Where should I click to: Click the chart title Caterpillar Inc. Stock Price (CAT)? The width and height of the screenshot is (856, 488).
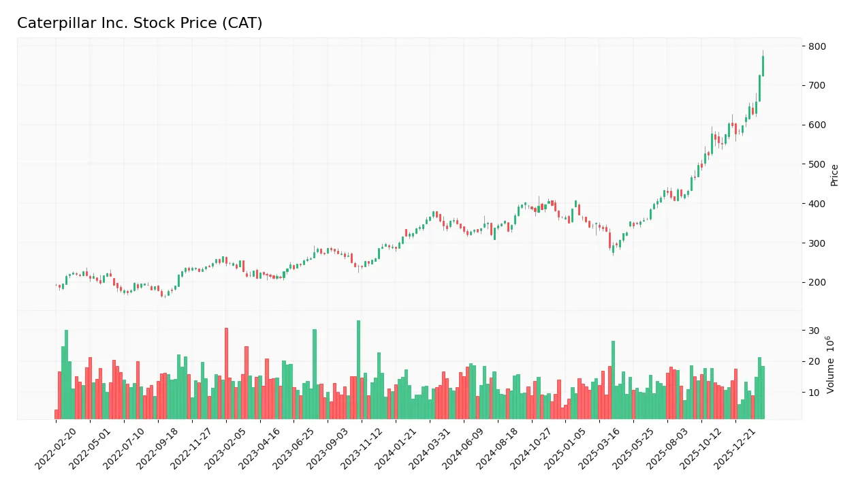point(140,23)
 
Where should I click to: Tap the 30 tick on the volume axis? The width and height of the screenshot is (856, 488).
point(814,331)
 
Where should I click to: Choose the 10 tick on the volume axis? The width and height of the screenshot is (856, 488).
point(814,393)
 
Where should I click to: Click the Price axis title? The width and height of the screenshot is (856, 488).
point(834,175)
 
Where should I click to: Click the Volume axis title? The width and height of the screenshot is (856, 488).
point(831,365)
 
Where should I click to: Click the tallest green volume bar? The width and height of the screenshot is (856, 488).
point(358,369)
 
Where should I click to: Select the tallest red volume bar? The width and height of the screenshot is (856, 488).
point(226,373)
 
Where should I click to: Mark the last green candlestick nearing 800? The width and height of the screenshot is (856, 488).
point(763,66)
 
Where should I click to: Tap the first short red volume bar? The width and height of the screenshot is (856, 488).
point(56,414)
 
